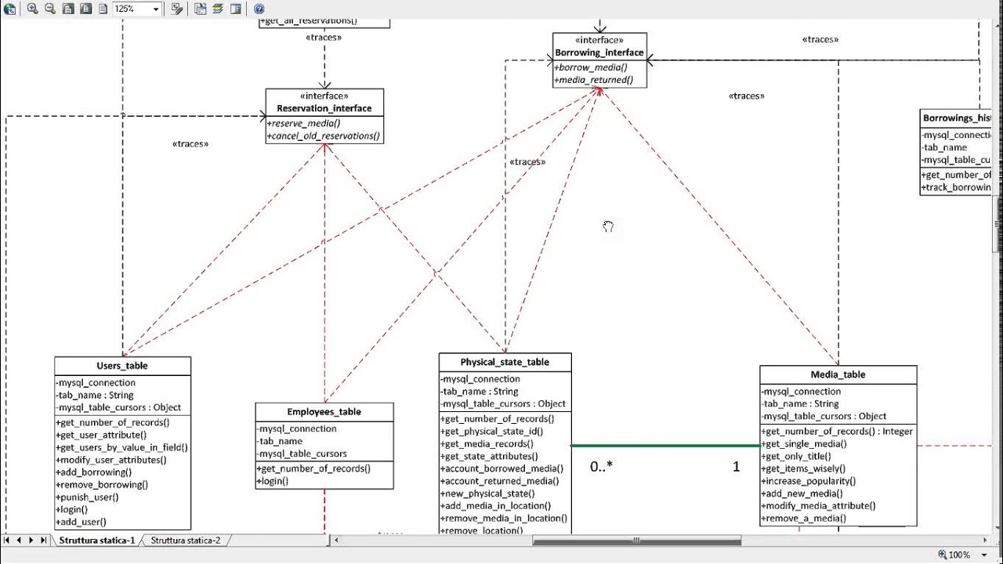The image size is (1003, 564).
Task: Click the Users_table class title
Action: [x=122, y=366]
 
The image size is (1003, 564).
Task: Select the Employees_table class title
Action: [x=324, y=412]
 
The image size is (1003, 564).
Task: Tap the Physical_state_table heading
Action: [x=505, y=362]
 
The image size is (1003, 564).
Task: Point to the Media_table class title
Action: [x=838, y=374]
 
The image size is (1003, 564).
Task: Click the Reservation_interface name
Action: [x=324, y=109]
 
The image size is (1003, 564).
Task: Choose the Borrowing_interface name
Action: [x=599, y=52]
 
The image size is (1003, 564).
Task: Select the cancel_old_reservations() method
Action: [x=324, y=136]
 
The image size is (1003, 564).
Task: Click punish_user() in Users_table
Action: [x=88, y=497]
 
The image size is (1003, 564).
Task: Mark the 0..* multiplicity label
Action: [x=601, y=467]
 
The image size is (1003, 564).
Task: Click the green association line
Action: [x=665, y=446]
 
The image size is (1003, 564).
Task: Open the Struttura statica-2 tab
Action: [x=186, y=540]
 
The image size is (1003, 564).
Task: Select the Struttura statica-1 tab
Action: [x=96, y=540]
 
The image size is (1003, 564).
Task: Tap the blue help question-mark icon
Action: [x=259, y=9]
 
